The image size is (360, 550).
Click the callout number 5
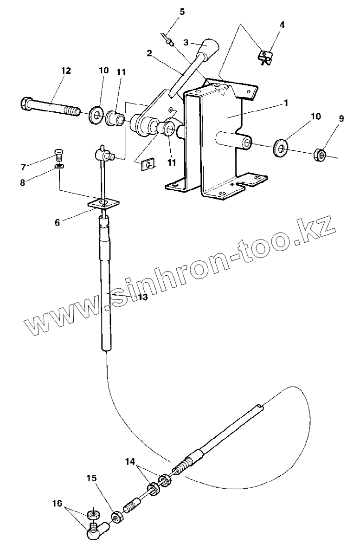click(182, 12)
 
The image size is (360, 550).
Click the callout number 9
click(341, 119)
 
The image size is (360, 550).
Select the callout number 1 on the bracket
click(286, 103)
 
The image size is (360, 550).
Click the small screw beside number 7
click(58, 153)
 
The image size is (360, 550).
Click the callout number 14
click(131, 461)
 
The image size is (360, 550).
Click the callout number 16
click(57, 503)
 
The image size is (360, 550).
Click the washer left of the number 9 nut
click(281, 147)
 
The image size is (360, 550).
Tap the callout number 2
click(149, 53)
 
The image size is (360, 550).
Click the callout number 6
click(57, 222)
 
